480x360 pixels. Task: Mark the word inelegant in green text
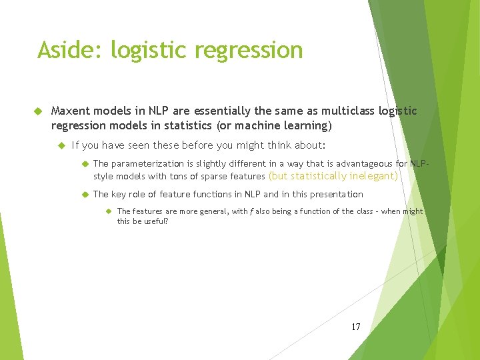[x=372, y=177]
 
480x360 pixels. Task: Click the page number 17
[x=355, y=327]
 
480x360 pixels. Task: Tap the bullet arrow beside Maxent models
[x=39, y=111]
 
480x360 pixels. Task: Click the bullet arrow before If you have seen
[x=61, y=145]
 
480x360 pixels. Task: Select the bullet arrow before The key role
[x=85, y=194]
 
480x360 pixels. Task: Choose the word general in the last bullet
[x=196, y=211]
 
